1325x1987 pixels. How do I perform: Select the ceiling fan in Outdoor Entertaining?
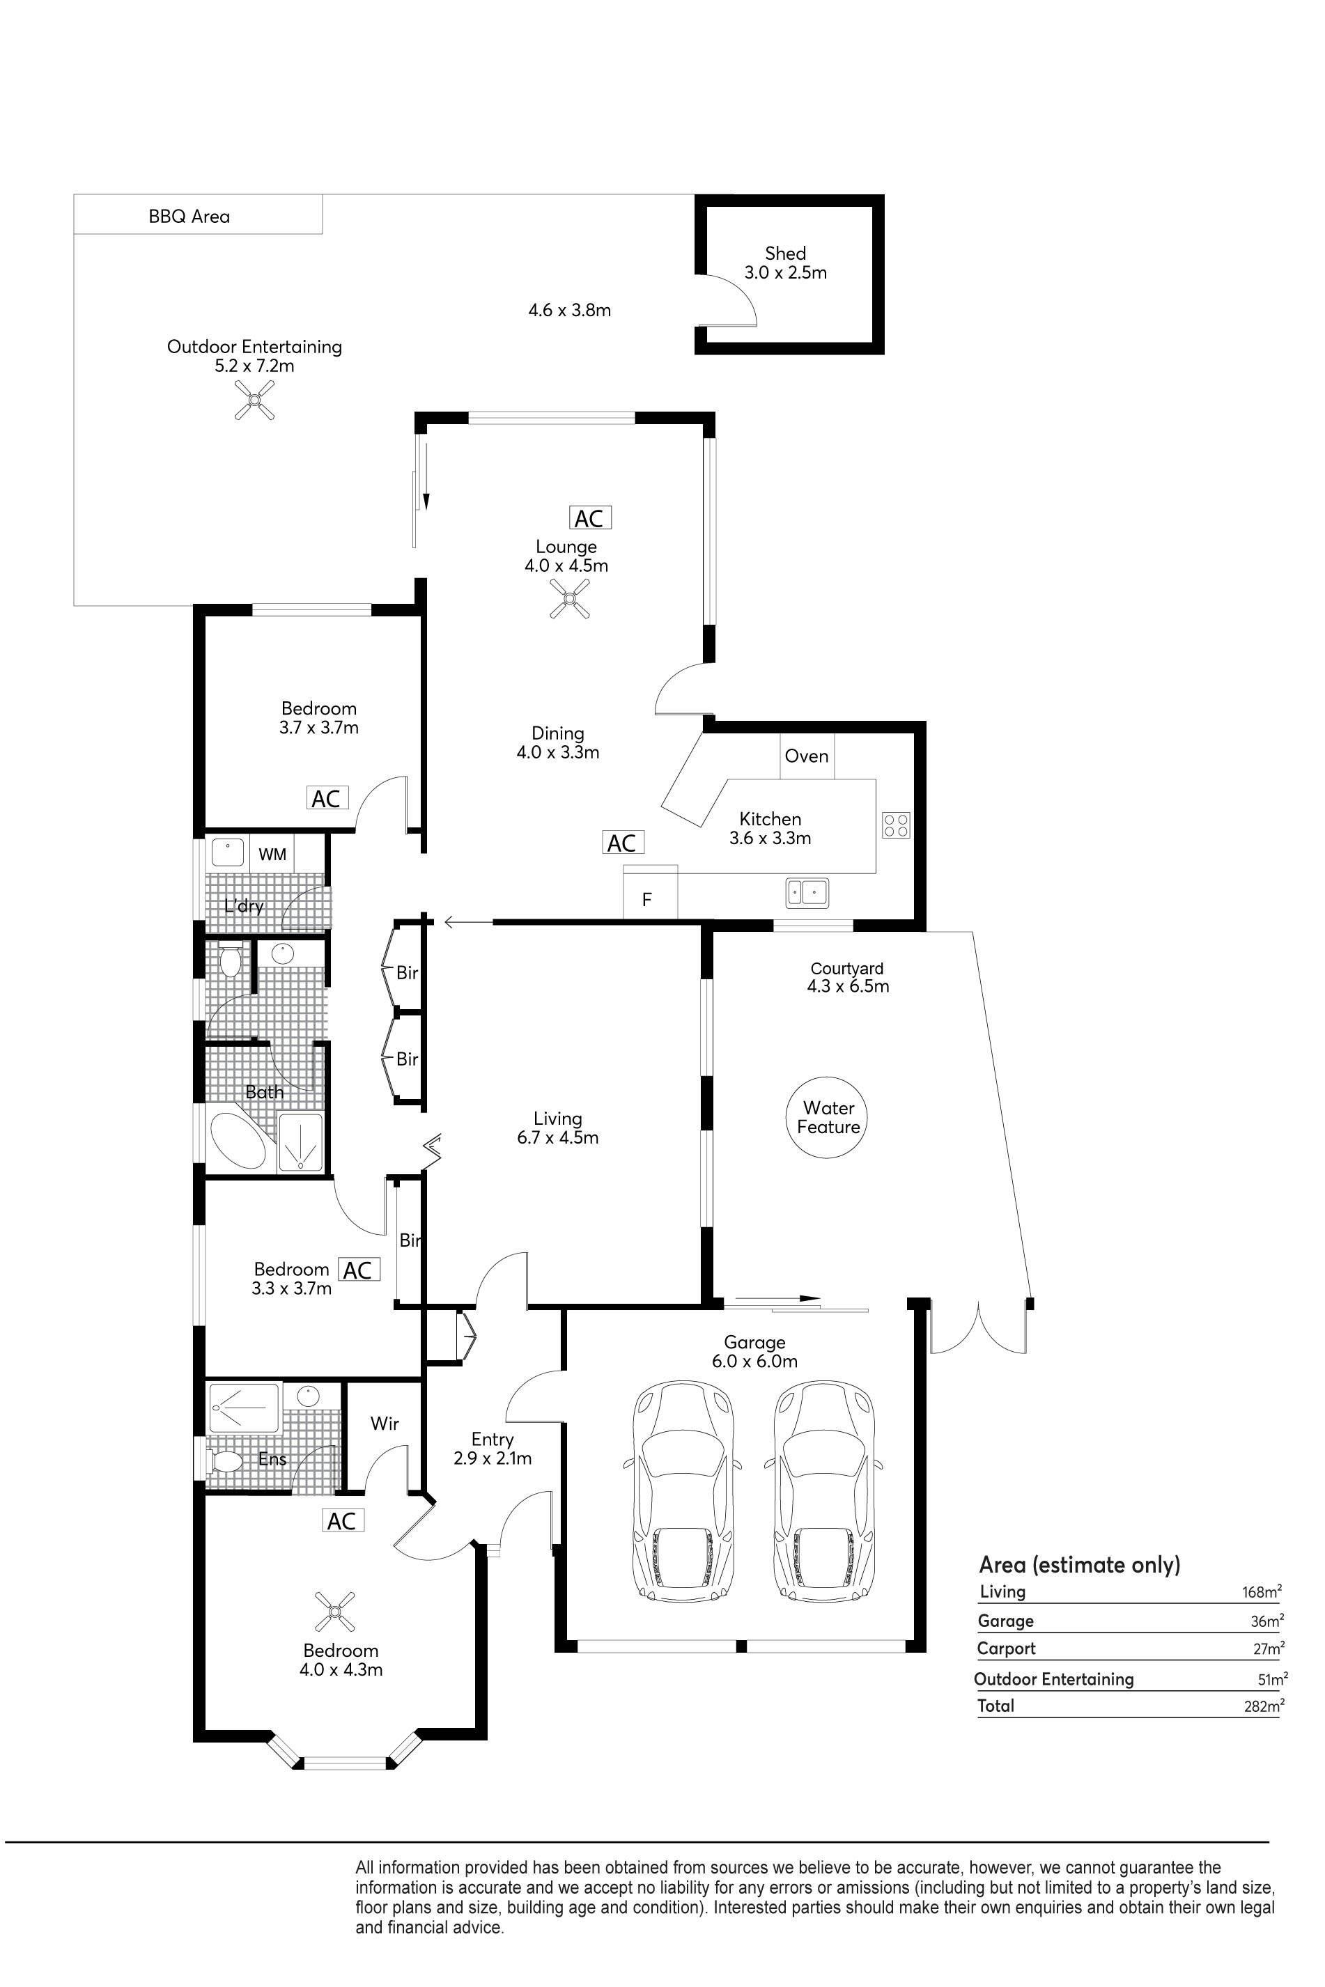(x=255, y=400)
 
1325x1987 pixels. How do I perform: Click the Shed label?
(x=785, y=253)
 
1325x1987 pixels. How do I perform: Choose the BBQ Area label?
(x=189, y=217)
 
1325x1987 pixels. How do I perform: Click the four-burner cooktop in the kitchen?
(x=897, y=825)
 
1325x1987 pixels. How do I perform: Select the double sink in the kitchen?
(x=807, y=892)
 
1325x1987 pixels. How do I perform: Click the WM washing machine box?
(x=272, y=854)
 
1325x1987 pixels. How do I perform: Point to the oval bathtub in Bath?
(x=238, y=1141)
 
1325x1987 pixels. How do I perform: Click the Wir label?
(x=385, y=1424)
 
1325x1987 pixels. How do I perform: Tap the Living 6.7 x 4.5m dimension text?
(x=558, y=1137)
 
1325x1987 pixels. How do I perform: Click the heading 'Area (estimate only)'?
(x=1080, y=1564)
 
